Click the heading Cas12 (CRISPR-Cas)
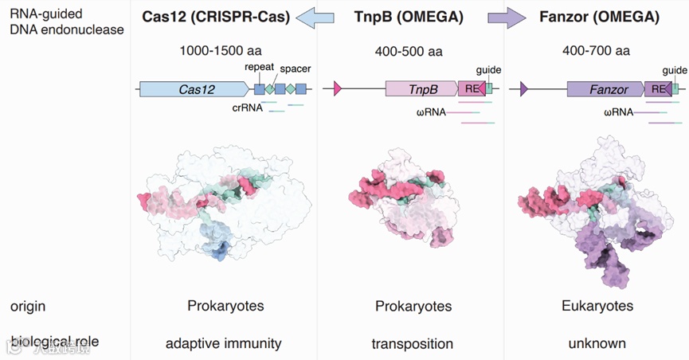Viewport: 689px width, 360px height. [x=216, y=17]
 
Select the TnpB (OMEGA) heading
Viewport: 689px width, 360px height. [x=409, y=17]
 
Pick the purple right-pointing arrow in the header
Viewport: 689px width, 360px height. [x=507, y=17]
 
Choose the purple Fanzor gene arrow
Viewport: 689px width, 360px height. [x=607, y=89]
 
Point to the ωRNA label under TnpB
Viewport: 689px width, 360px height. [x=431, y=112]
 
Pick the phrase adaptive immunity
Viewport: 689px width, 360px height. [x=223, y=344]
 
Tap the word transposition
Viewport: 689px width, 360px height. [x=412, y=344]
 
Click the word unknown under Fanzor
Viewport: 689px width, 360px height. [x=597, y=344]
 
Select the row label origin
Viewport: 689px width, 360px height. [x=28, y=307]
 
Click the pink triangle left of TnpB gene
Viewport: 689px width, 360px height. [x=338, y=89]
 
